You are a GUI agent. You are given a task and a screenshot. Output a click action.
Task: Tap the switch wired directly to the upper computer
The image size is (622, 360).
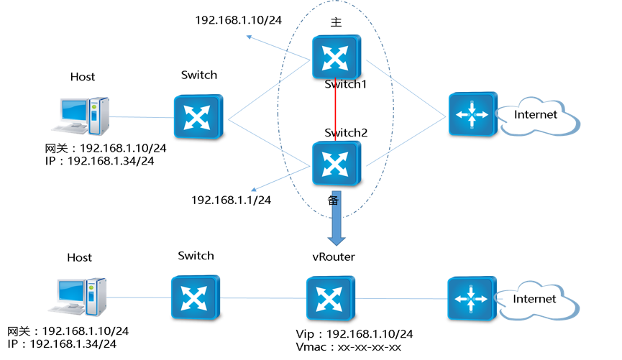[x=198, y=118]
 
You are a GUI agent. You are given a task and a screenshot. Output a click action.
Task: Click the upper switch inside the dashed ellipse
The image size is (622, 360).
[x=336, y=57]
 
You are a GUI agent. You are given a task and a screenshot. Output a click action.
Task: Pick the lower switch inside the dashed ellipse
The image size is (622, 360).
[x=336, y=164]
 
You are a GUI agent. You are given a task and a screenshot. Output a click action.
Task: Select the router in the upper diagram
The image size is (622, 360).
[x=472, y=114]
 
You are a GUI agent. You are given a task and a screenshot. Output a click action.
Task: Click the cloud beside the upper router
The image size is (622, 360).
[x=539, y=116]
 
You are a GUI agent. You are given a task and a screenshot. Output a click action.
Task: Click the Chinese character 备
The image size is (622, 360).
[x=335, y=200]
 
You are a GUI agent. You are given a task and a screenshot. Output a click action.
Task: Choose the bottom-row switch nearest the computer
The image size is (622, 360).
[x=195, y=297]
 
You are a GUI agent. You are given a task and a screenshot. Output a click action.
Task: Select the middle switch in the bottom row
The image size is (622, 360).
[x=330, y=297]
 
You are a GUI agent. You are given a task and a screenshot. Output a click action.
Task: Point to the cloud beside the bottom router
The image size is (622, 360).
[x=538, y=300]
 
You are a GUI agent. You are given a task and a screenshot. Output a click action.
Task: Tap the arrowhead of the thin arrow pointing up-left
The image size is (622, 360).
[x=249, y=36]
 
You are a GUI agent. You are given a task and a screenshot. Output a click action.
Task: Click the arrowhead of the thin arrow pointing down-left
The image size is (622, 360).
[x=252, y=190]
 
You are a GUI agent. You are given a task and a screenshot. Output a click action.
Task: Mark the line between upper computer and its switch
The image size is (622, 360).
[x=141, y=117]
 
